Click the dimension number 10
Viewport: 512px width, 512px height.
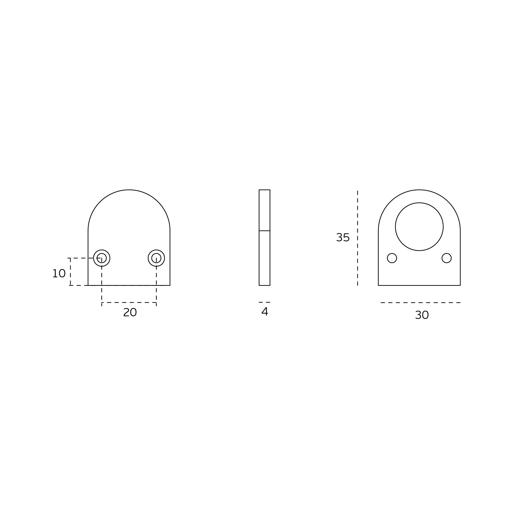59,274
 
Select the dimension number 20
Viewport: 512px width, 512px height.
130,313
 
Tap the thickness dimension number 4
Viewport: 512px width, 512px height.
265,311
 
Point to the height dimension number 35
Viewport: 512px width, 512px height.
343,238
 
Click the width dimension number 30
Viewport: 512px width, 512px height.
422,315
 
